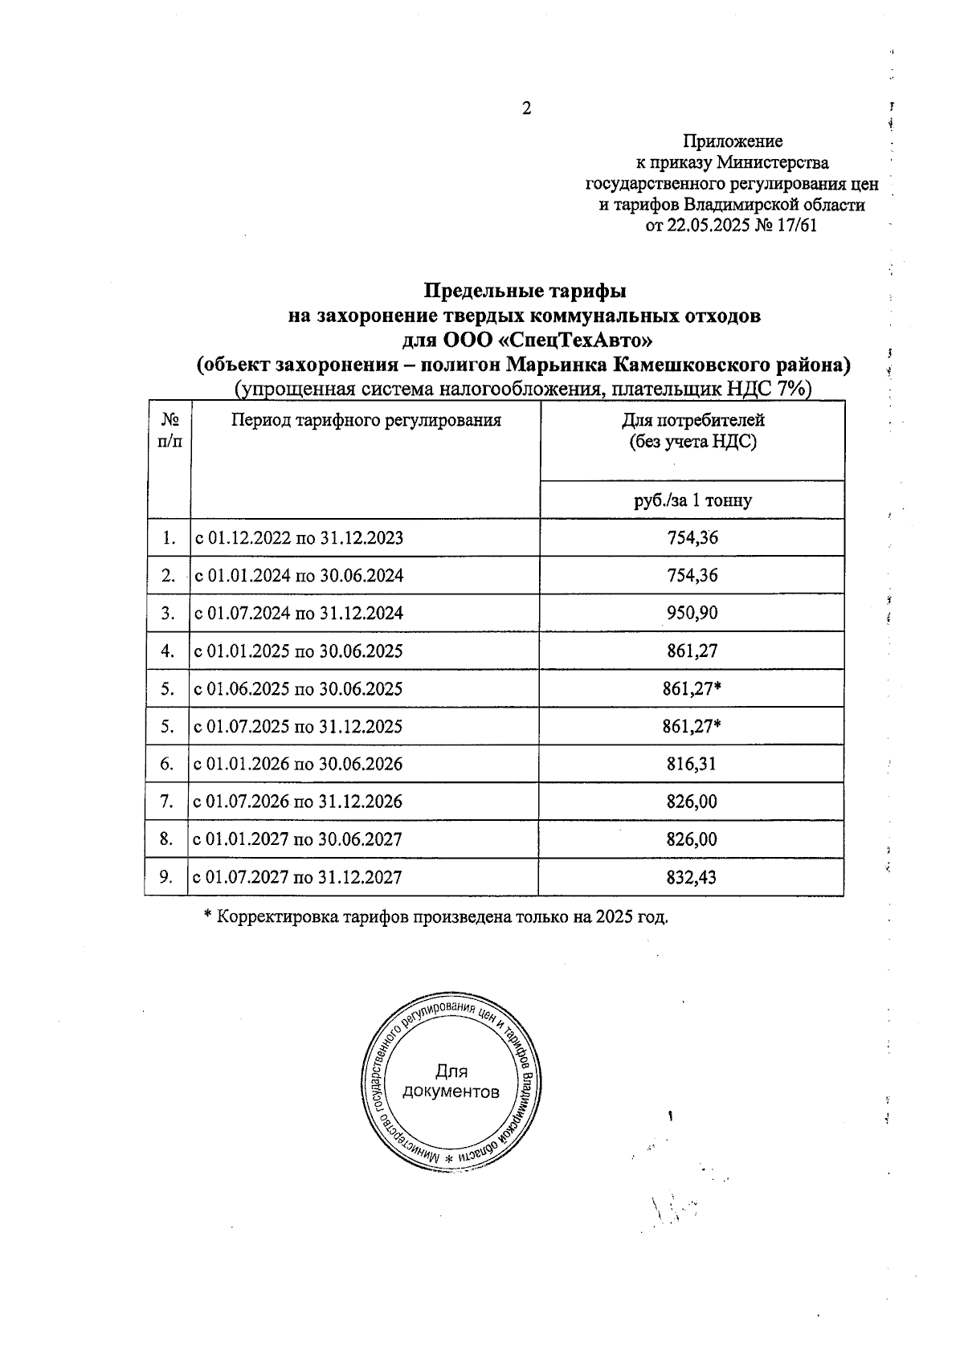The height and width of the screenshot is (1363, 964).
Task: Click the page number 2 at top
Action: click(527, 109)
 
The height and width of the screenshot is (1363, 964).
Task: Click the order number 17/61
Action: click(797, 226)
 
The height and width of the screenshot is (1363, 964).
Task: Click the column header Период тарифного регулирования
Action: click(366, 420)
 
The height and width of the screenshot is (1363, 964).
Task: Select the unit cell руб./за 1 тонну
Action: click(692, 500)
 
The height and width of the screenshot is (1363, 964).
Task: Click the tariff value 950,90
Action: click(692, 614)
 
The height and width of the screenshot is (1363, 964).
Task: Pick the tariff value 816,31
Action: click(692, 764)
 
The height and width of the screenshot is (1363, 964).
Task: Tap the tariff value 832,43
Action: click(692, 877)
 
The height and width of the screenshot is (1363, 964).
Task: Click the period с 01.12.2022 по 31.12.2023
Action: click(298, 538)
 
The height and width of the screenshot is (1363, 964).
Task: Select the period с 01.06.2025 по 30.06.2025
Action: click(298, 689)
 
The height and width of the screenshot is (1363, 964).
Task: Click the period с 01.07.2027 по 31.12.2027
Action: click(298, 877)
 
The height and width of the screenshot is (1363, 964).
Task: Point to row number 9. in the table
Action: click(167, 877)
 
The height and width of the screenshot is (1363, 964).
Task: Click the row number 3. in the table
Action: click(167, 614)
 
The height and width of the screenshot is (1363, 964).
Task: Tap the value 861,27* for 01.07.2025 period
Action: click(692, 727)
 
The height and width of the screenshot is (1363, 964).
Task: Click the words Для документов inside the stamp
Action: click(451, 1081)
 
